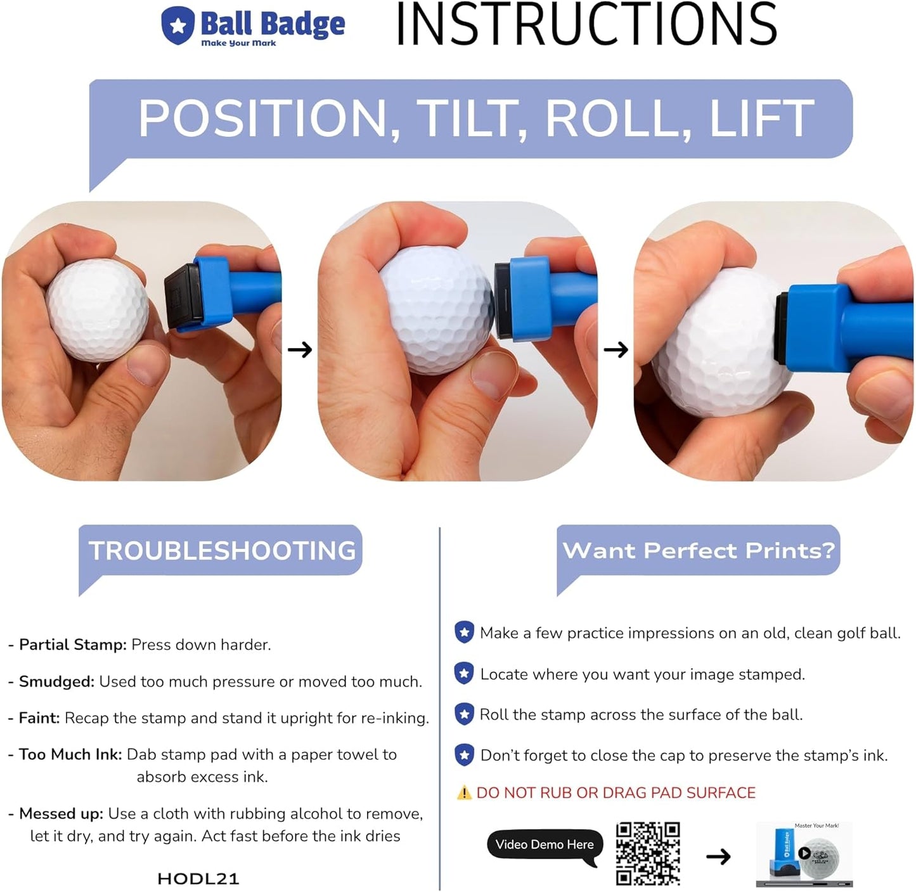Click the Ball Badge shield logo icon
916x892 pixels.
click(x=178, y=25)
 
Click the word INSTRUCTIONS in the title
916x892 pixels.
click(x=586, y=25)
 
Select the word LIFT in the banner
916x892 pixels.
click(x=761, y=119)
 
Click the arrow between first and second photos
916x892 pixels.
click(x=300, y=349)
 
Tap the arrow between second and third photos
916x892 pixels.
click(x=616, y=349)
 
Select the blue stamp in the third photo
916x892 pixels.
click(x=849, y=330)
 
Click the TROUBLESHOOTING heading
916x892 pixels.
click(x=222, y=550)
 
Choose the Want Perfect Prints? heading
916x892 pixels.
click(x=699, y=550)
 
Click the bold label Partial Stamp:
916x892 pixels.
click(x=73, y=645)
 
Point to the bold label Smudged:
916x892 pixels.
click(x=56, y=682)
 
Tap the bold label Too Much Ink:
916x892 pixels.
click(x=70, y=754)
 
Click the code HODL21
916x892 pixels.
click(x=198, y=879)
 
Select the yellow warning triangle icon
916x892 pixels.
click(x=465, y=792)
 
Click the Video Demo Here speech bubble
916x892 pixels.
click(x=545, y=845)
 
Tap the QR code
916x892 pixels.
click(x=648, y=853)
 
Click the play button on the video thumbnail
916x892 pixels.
click(x=804, y=853)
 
